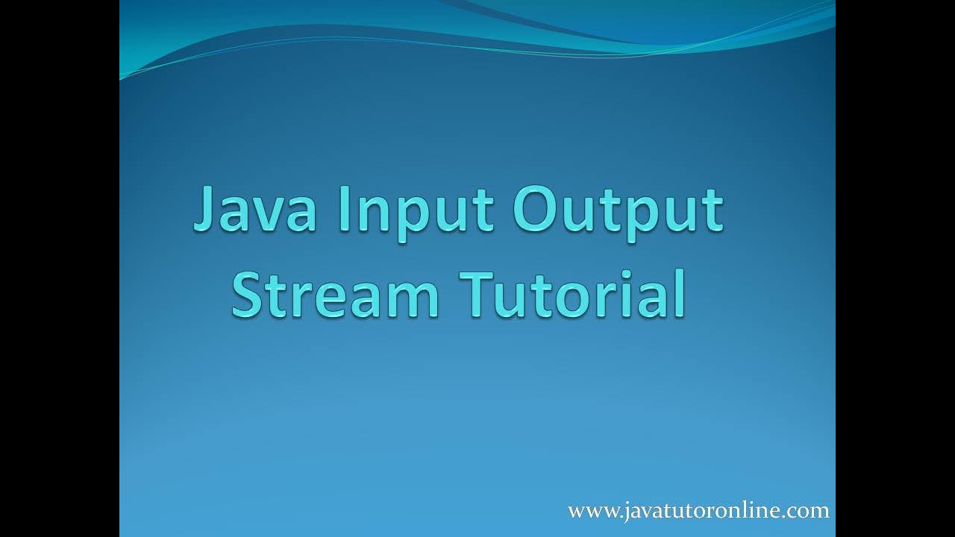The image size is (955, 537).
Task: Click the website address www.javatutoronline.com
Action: click(x=698, y=511)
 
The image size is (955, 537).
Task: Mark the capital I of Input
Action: click(x=344, y=209)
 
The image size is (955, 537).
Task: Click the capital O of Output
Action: click(x=536, y=210)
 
